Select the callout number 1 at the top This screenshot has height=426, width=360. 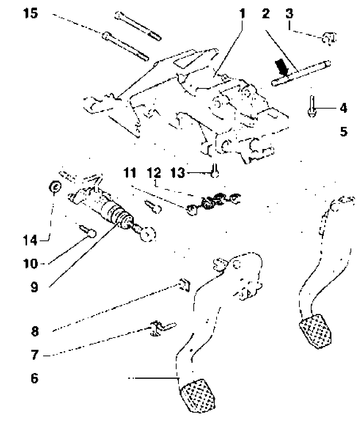tap(242, 14)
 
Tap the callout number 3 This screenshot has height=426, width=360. tap(290, 14)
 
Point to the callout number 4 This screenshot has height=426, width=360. tap(343, 109)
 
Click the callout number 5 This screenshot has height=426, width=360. tap(344, 132)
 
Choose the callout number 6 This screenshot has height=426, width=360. tap(35, 379)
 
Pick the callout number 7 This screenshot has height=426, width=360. tap(35, 355)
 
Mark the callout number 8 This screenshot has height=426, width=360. tap(35, 331)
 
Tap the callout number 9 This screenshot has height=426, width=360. tap(35, 287)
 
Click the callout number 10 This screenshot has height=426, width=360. tap(32, 263)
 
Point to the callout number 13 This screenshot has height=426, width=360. tap(177, 173)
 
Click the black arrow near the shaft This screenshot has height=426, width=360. tap(282, 67)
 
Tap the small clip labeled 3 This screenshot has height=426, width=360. tap(328, 38)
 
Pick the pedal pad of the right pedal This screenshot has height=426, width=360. tap(315, 330)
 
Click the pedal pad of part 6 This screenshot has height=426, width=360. tap(198, 394)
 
